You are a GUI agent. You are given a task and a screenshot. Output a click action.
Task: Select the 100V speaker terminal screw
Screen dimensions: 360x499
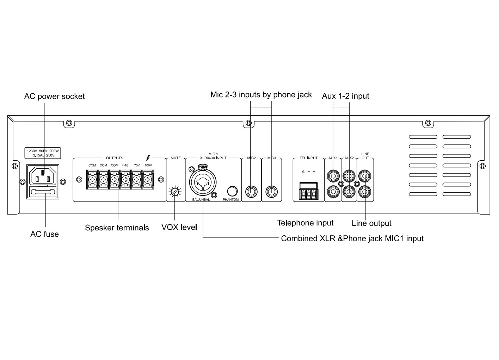[148, 180]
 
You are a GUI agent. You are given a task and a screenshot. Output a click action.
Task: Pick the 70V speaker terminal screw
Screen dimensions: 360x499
[137, 180]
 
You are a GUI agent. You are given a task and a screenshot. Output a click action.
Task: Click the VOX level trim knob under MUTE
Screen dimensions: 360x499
[175, 192]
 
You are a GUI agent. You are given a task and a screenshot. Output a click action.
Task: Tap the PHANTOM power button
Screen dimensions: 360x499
[232, 191]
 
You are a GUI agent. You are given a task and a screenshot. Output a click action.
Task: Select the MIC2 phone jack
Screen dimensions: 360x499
[251, 192]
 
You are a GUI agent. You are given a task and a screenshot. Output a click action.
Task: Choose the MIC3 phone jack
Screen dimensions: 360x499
[271, 192]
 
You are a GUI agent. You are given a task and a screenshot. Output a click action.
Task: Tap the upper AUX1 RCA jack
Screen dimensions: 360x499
[333, 175]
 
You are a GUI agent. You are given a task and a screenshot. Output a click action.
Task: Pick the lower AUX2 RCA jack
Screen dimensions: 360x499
[349, 192]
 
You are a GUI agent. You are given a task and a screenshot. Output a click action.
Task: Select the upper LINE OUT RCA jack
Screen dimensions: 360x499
[365, 175]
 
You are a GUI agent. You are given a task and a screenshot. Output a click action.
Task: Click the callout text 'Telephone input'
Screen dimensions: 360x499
[305, 223]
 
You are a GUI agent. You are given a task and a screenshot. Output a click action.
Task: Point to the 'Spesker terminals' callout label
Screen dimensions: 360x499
[117, 228]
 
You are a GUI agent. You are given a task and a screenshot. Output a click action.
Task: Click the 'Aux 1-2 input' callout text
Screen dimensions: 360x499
[345, 96]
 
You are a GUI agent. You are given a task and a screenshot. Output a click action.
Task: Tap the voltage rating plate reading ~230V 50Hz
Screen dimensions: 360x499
[43, 153]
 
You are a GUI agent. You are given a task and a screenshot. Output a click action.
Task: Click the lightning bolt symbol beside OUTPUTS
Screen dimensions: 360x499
[148, 158]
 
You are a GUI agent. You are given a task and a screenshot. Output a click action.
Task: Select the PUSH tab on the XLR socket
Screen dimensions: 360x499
[203, 167]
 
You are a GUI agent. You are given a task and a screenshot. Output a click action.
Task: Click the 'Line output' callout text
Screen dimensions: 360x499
[371, 223]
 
